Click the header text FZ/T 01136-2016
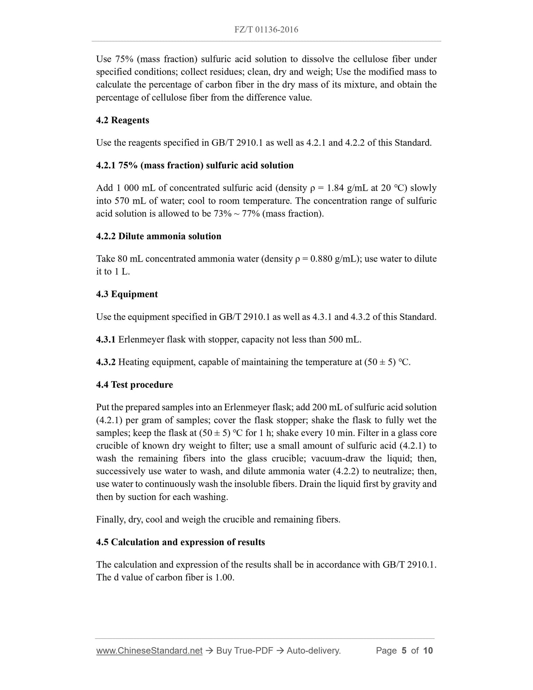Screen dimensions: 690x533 [266, 30]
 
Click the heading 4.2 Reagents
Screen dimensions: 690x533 [122, 120]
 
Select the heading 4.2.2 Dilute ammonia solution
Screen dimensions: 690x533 [159, 236]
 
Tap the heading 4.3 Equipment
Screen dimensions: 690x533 [127, 294]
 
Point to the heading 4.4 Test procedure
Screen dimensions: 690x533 [134, 384]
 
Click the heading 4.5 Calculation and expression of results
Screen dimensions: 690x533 [180, 542]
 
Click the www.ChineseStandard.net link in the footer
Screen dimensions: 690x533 [149, 651]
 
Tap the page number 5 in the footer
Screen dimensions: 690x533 [404, 651]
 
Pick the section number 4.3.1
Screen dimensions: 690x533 [106, 339]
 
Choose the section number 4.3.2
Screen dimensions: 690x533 [106, 362]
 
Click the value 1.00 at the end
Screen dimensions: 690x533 [224, 577]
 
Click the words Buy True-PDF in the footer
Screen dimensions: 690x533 [245, 651]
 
